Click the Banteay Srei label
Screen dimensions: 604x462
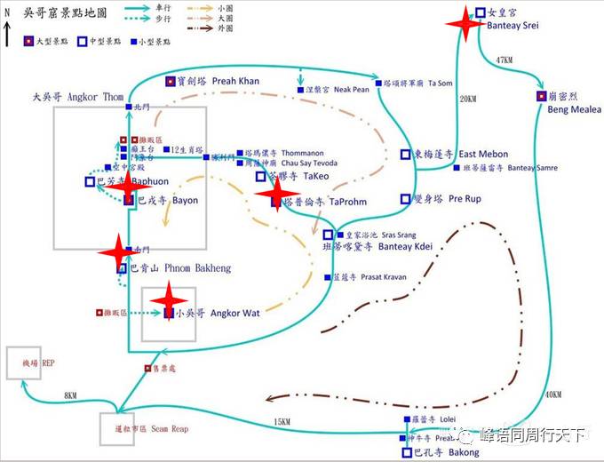[x=513, y=26]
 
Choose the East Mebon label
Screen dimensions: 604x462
[x=483, y=154]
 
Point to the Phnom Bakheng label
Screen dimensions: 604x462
[x=197, y=267]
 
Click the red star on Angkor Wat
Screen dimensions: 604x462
[x=169, y=301]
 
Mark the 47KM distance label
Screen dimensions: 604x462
[x=505, y=60]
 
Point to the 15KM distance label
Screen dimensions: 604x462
[x=282, y=421]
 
